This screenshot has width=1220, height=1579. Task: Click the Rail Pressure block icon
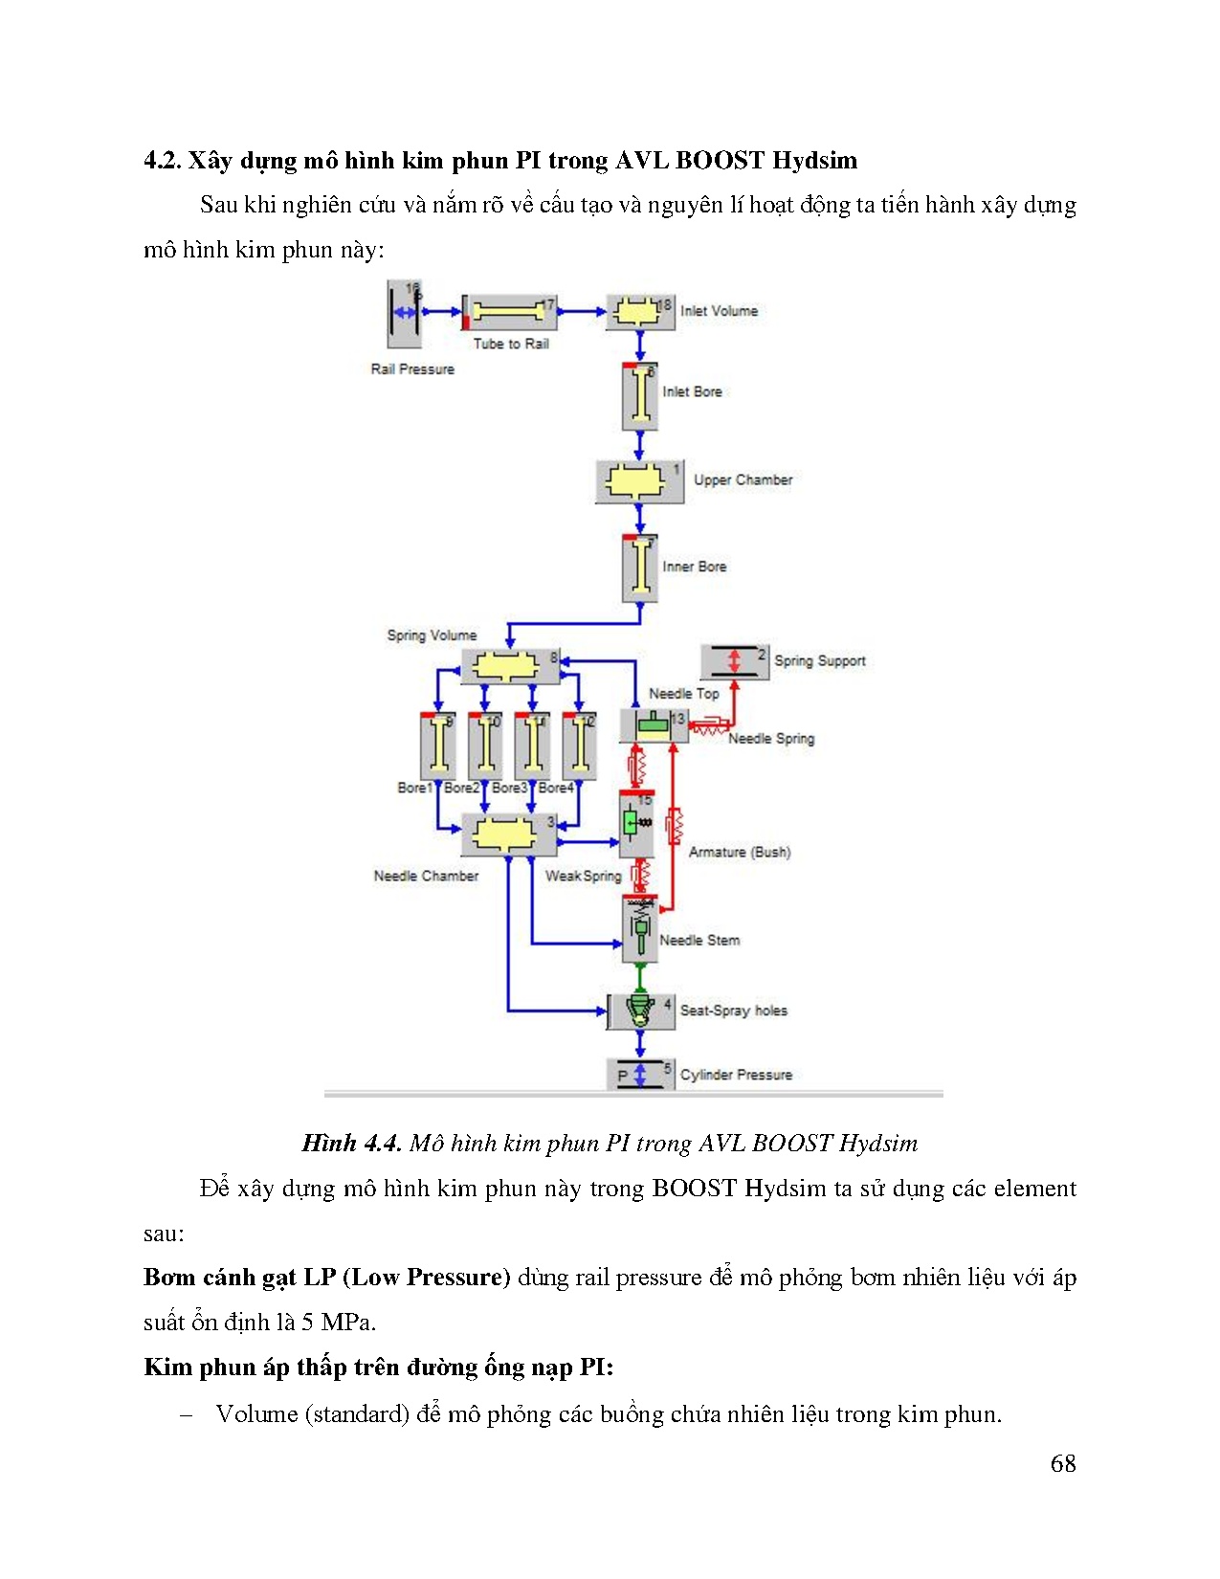click(404, 313)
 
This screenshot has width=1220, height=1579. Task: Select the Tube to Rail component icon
click(509, 311)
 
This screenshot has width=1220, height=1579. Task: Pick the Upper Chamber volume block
click(638, 480)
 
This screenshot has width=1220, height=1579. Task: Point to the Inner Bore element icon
click(639, 567)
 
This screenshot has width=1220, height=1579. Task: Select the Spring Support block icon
click(734, 660)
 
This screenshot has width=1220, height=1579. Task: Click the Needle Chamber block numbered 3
click(509, 835)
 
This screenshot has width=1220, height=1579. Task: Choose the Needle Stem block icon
click(639, 928)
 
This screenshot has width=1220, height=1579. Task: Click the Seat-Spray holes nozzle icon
click(639, 1011)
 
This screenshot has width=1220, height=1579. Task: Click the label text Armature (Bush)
click(740, 852)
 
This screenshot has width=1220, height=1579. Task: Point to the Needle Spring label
click(771, 739)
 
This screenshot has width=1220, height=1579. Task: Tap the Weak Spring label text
click(583, 876)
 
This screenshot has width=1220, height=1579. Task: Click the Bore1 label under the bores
click(414, 788)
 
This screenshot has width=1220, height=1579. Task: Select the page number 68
click(1062, 1463)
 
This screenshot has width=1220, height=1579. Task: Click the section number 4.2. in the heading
click(162, 160)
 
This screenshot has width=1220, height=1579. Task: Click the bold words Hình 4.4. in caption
click(350, 1143)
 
